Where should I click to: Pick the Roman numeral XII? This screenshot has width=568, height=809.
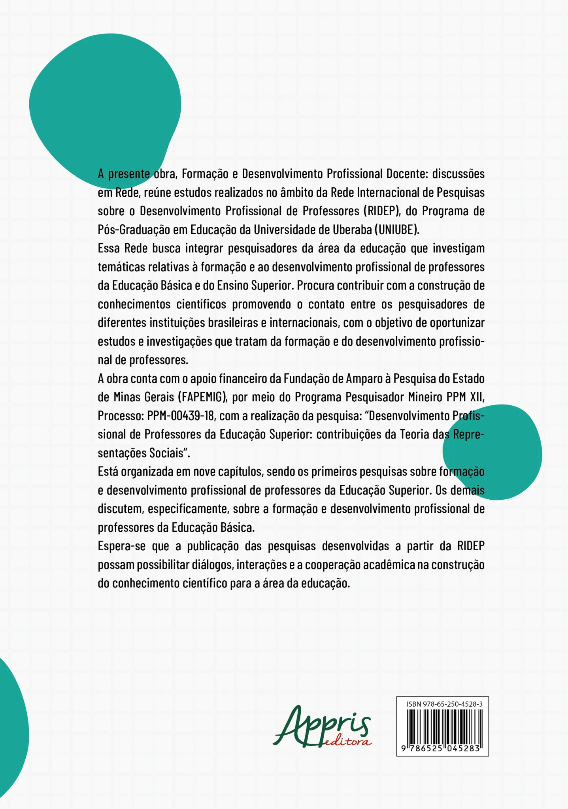(x=477, y=397)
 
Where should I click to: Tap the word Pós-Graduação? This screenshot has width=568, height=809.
(x=134, y=230)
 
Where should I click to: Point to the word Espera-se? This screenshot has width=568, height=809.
(x=122, y=546)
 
